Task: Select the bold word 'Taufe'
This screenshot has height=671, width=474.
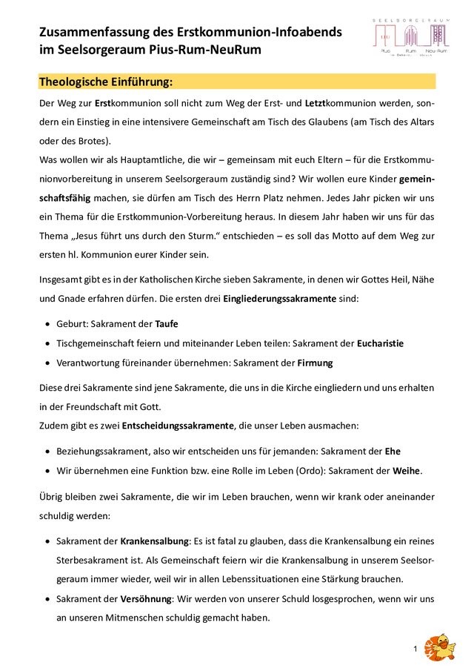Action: click(x=166, y=324)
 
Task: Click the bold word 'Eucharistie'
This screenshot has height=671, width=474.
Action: click(x=380, y=343)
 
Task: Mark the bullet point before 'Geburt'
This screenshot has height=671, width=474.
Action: click(x=49, y=325)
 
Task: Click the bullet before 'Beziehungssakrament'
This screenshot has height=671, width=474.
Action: click(x=49, y=451)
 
